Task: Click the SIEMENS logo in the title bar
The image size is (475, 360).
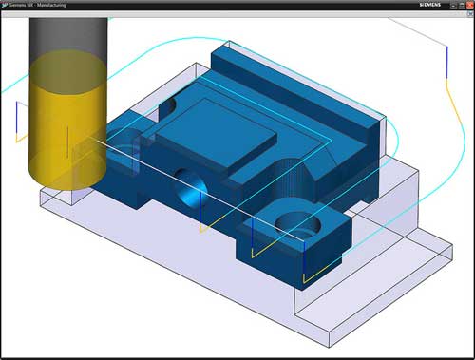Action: [x=428, y=5]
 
